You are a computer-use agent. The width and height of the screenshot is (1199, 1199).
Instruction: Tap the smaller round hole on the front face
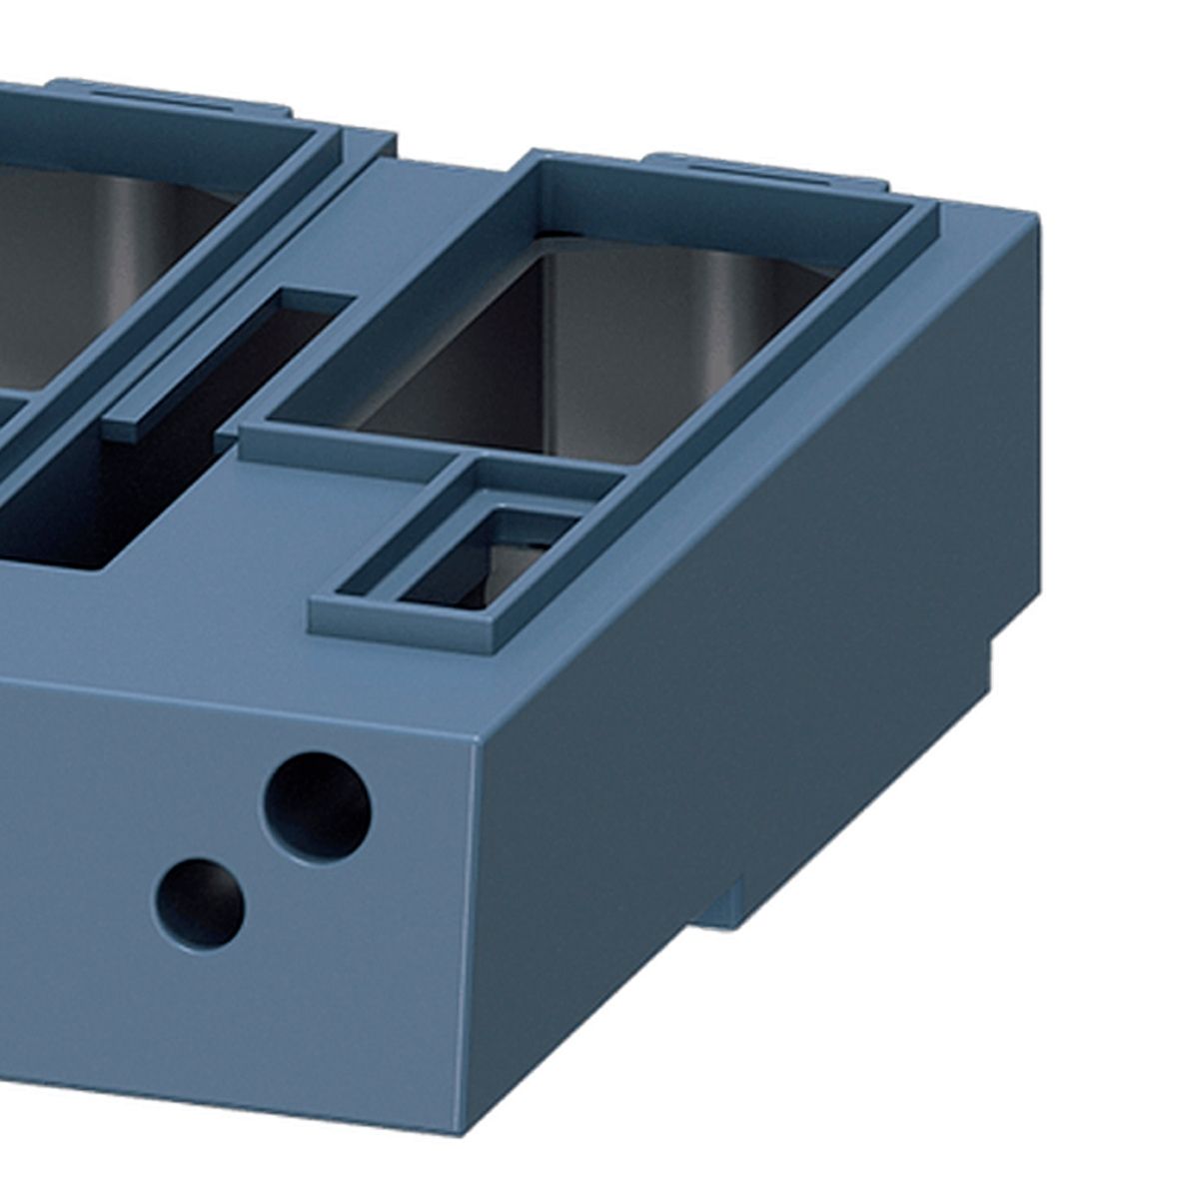tap(201, 903)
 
